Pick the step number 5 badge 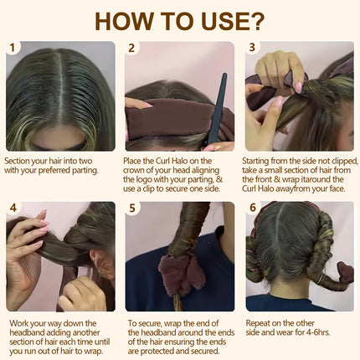(132, 208)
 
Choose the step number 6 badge (253, 208)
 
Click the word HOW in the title (127, 19)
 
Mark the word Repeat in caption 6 (262, 321)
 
